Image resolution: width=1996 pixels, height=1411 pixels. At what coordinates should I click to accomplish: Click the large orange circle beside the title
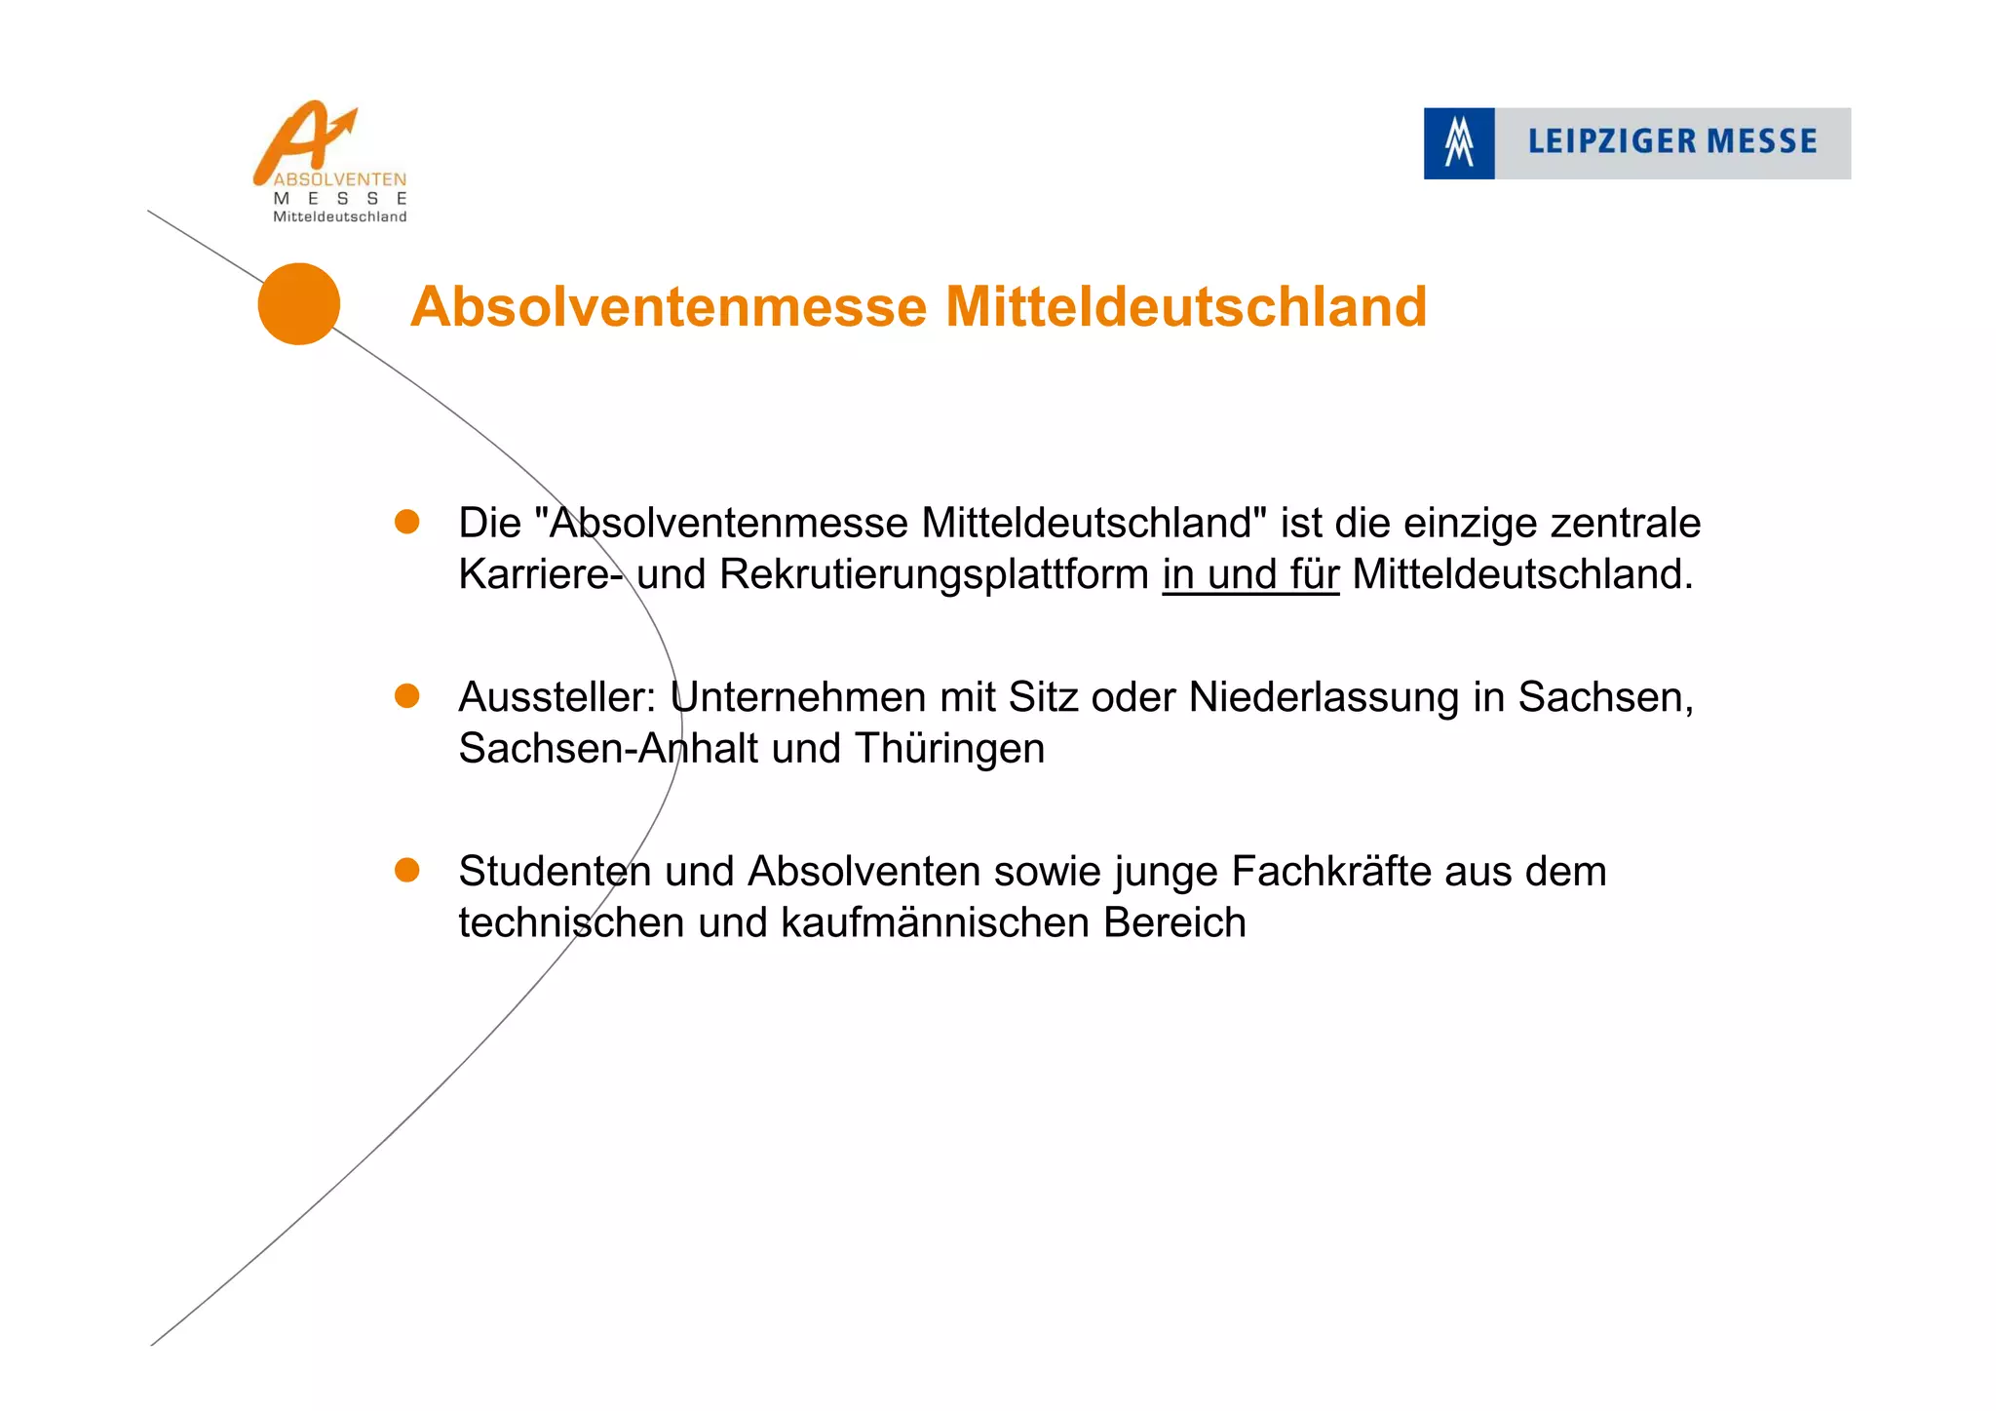tap(298, 303)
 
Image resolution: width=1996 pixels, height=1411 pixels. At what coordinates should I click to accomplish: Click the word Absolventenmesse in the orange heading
tap(669, 307)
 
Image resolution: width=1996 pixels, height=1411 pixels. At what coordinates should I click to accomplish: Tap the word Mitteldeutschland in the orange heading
tap(1185, 307)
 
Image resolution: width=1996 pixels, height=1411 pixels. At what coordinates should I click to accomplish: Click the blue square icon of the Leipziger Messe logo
tap(1458, 143)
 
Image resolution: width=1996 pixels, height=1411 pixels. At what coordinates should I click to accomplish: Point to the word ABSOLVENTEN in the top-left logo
tap(339, 179)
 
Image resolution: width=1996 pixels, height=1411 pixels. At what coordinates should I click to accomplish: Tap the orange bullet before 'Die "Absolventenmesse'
tap(406, 522)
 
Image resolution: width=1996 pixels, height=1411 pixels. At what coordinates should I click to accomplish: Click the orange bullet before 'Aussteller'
tap(406, 695)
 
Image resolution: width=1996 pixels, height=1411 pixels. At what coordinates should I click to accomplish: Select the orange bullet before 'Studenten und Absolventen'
tap(406, 870)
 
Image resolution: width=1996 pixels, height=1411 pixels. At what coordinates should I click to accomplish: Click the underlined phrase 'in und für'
tap(1250, 574)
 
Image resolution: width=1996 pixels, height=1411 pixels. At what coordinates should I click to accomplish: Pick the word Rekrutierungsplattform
tap(934, 574)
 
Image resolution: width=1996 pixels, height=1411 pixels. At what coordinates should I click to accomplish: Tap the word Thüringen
tap(949, 749)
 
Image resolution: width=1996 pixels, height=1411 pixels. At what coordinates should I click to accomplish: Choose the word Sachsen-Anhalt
tap(607, 749)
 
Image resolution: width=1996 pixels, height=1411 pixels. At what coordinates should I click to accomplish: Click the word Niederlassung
tap(1324, 697)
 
